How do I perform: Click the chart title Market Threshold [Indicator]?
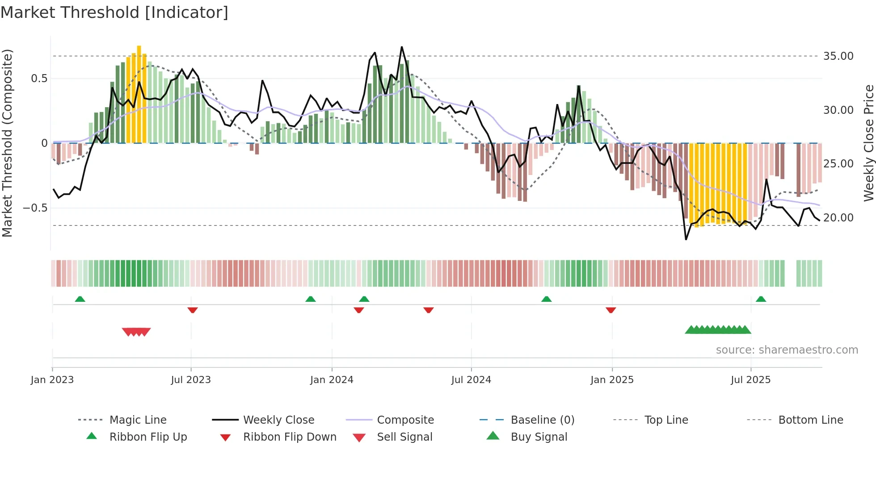[x=114, y=13]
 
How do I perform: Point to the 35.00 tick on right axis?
[x=838, y=56]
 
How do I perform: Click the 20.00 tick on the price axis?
[x=838, y=218]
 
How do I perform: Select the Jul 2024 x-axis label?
[x=471, y=380]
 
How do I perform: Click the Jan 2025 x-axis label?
[x=612, y=380]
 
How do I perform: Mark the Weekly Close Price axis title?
[x=868, y=143]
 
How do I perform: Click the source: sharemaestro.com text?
[x=787, y=350]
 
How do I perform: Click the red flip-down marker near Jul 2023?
[x=193, y=310]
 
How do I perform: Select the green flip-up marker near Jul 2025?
[x=761, y=299]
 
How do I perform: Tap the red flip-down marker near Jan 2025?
[x=611, y=310]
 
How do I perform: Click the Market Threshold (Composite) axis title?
[x=7, y=143]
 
